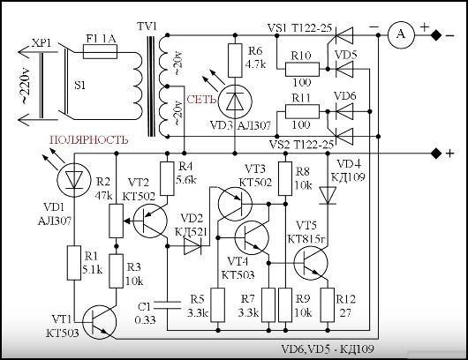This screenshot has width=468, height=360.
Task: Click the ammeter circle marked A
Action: pyautogui.click(x=401, y=35)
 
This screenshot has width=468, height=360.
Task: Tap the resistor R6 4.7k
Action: pyautogui.click(x=235, y=61)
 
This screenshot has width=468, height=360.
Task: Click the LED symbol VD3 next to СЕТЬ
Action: pyautogui.click(x=235, y=101)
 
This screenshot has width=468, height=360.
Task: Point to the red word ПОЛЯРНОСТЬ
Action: pyautogui.click(x=89, y=139)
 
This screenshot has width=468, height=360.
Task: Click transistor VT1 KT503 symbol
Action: pyautogui.click(x=100, y=322)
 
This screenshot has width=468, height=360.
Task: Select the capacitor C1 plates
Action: pyautogui.click(x=167, y=304)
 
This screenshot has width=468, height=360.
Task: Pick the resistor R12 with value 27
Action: pyautogui.click(x=328, y=304)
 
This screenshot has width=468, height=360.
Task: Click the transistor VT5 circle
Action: pyautogui.click(x=311, y=263)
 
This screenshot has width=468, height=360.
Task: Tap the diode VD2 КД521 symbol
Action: pyautogui.click(x=192, y=246)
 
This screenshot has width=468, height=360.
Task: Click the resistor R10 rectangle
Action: pyautogui.click(x=302, y=69)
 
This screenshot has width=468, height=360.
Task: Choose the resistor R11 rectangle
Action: pyautogui.click(x=302, y=111)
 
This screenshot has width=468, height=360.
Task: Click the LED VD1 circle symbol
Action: pyautogui.click(x=73, y=180)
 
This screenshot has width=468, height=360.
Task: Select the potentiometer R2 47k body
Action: pyautogui.click(x=116, y=221)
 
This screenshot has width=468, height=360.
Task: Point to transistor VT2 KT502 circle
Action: pyautogui.click(x=150, y=221)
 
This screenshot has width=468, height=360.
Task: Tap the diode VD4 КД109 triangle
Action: pyautogui.click(x=328, y=195)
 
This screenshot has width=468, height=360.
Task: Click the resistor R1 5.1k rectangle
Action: pyautogui.click(x=73, y=263)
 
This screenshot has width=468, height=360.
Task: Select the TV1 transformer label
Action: pyautogui.click(x=147, y=26)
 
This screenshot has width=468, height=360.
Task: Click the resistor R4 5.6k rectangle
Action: pyautogui.click(x=167, y=178)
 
